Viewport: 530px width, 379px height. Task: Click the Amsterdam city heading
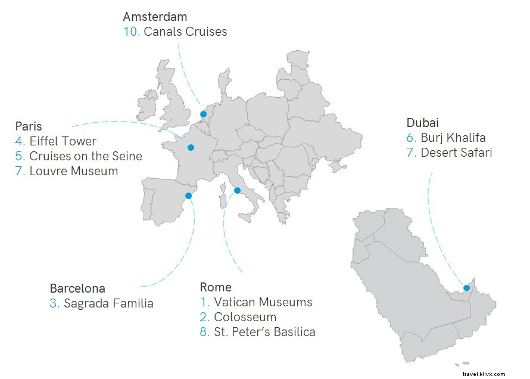[x=155, y=17]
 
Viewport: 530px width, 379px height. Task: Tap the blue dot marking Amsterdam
[x=203, y=114]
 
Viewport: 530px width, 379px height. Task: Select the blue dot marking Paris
[x=191, y=148]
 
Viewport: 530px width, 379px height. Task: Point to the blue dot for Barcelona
[x=188, y=195]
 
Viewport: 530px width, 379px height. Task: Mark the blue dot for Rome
[x=237, y=191]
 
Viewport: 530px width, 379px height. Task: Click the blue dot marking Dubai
[x=466, y=288]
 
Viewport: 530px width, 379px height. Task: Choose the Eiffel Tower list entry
[x=63, y=141]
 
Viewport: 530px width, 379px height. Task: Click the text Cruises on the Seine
[x=86, y=156]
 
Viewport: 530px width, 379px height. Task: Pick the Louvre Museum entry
[x=73, y=171]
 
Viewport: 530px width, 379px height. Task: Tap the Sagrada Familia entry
[x=108, y=303]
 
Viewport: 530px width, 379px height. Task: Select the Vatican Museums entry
[x=263, y=302]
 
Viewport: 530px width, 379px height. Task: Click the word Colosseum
[x=245, y=317]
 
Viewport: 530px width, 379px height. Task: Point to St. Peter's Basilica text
[x=264, y=332]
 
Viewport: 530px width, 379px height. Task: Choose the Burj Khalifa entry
[x=453, y=138]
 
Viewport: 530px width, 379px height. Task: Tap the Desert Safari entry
[x=456, y=153]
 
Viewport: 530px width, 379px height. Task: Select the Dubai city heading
[x=423, y=123]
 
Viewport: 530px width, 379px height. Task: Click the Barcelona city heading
[x=77, y=288]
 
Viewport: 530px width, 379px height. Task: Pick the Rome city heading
[x=216, y=287]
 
